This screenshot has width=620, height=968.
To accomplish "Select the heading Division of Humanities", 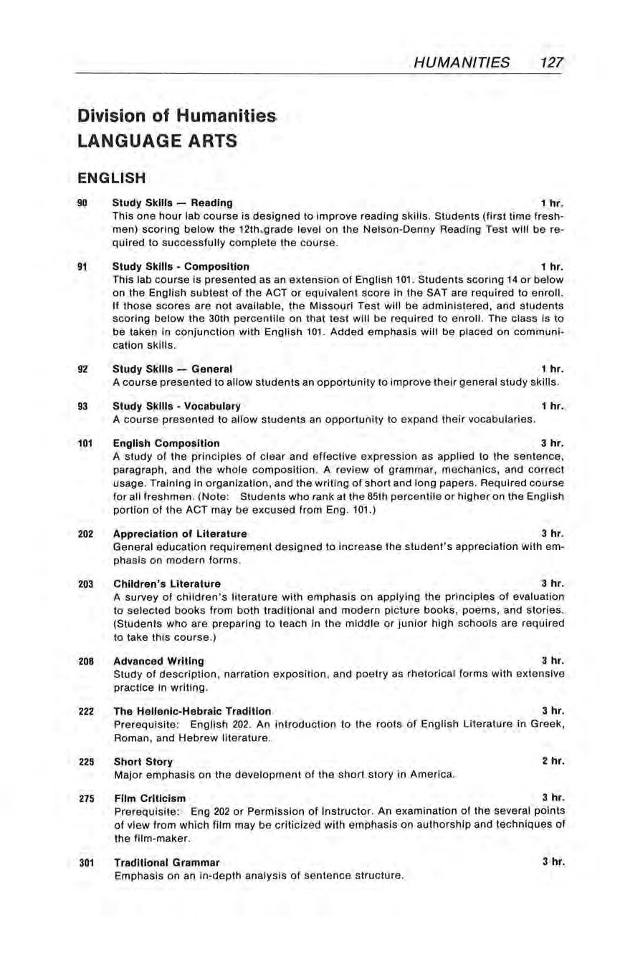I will [176, 116].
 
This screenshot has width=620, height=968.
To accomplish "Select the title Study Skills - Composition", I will [181, 266].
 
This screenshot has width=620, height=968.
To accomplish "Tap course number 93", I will [82, 406].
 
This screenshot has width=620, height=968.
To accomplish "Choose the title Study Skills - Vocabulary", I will [176, 406].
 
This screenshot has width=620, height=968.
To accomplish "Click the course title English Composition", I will [166, 443].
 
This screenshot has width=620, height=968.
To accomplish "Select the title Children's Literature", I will [167, 584].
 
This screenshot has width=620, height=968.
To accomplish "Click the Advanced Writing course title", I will [158, 661].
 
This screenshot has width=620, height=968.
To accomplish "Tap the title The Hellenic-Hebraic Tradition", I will [192, 711].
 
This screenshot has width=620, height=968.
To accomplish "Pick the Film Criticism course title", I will [149, 798].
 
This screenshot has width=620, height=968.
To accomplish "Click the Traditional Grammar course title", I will [166, 862].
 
